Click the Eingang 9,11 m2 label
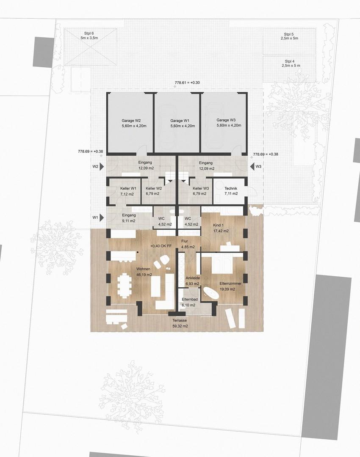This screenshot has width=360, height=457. coord(129,218)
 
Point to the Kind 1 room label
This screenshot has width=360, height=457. coord(221,228)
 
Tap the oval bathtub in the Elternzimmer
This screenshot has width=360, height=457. coord(211,292)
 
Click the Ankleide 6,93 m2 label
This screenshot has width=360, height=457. coord(192,281)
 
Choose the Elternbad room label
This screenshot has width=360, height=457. coord(189,302)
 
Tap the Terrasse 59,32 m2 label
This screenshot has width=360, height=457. coord(180,324)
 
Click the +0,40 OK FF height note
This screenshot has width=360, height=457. coord(161,246)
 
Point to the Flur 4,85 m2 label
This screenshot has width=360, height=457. coord(186,244)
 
